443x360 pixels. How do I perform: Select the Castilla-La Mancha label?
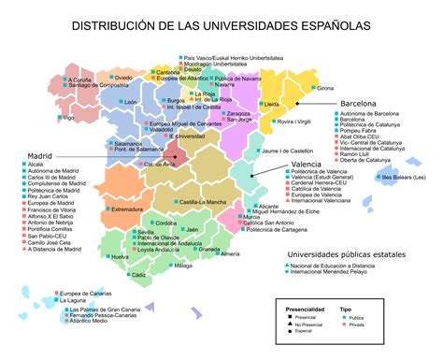(x=204, y=202)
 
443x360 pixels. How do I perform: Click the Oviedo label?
(x=122, y=78)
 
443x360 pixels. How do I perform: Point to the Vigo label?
(x=68, y=118)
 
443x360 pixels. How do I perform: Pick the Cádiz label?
(x=138, y=275)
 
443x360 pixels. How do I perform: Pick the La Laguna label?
(x=79, y=299)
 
